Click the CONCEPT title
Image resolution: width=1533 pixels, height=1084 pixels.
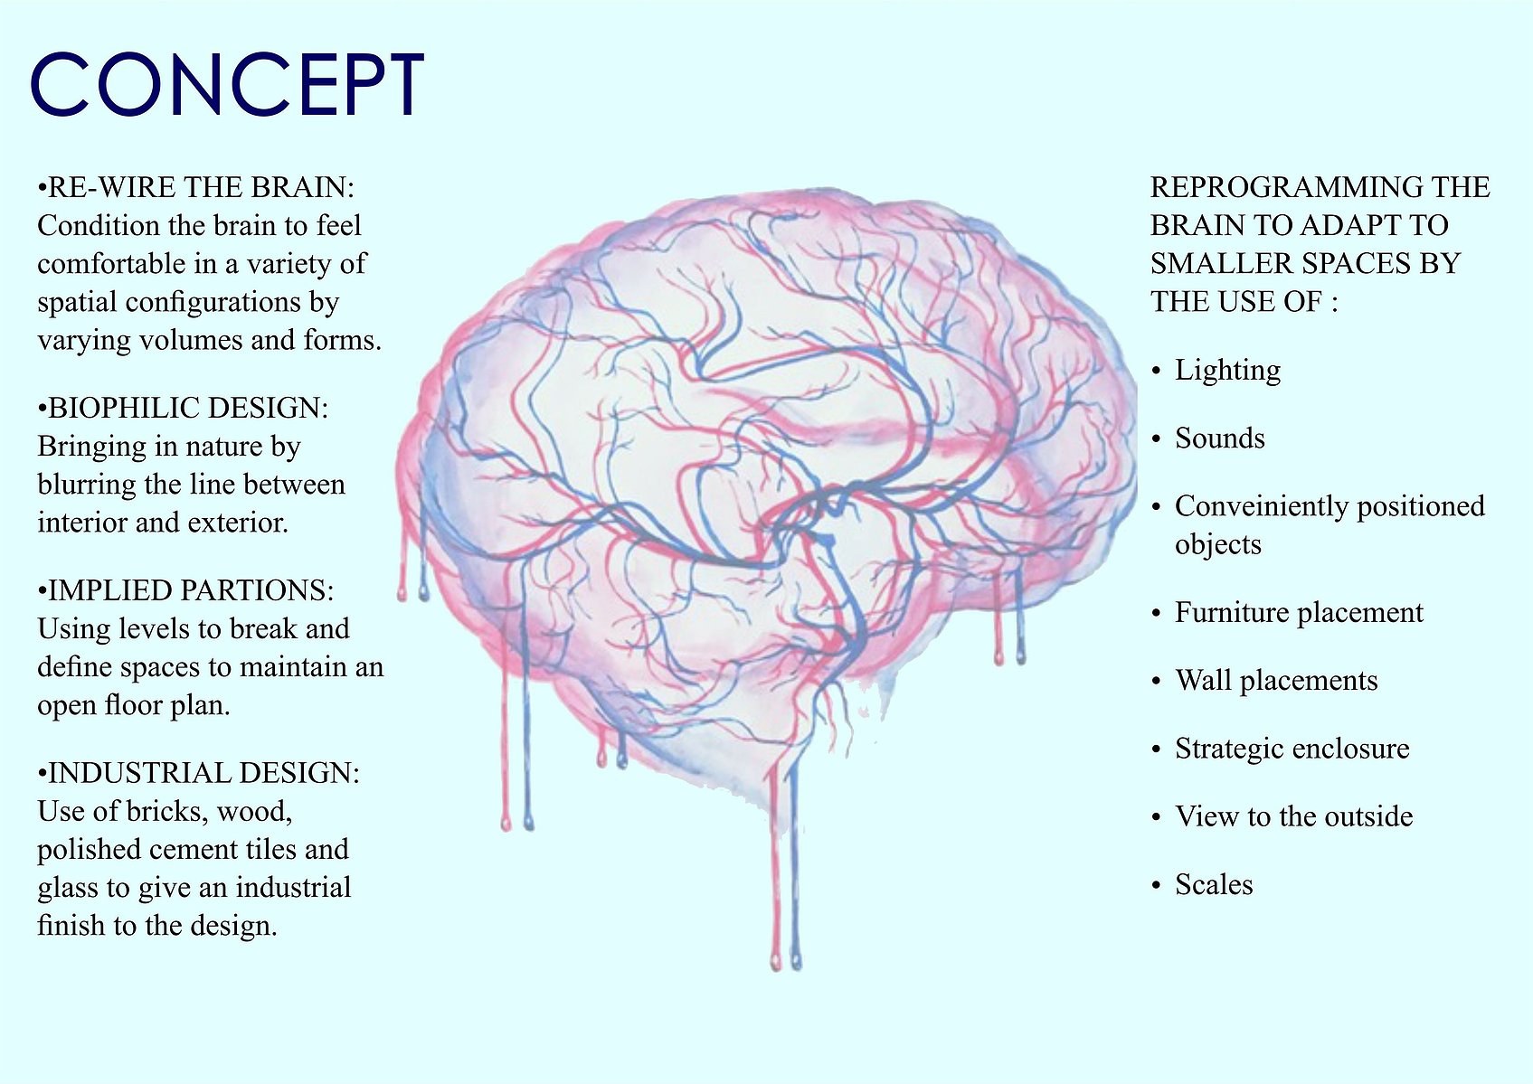(x=227, y=84)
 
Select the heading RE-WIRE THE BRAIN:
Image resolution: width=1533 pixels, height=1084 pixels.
(x=196, y=187)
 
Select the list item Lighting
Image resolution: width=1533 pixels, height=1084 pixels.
(x=1228, y=370)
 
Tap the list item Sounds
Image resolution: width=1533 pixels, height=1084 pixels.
(x=1220, y=438)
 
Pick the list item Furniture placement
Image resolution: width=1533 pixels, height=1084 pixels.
(x=1299, y=613)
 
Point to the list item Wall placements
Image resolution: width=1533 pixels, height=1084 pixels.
(x=1276, y=681)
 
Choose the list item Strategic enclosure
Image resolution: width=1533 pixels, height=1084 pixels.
(x=1292, y=749)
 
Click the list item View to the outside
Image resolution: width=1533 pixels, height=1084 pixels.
(x=1294, y=816)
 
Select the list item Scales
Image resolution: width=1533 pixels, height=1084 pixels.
(x=1214, y=885)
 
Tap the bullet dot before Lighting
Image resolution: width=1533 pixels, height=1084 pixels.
(x=1157, y=372)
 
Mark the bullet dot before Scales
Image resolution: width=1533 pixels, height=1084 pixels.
(x=1157, y=886)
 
